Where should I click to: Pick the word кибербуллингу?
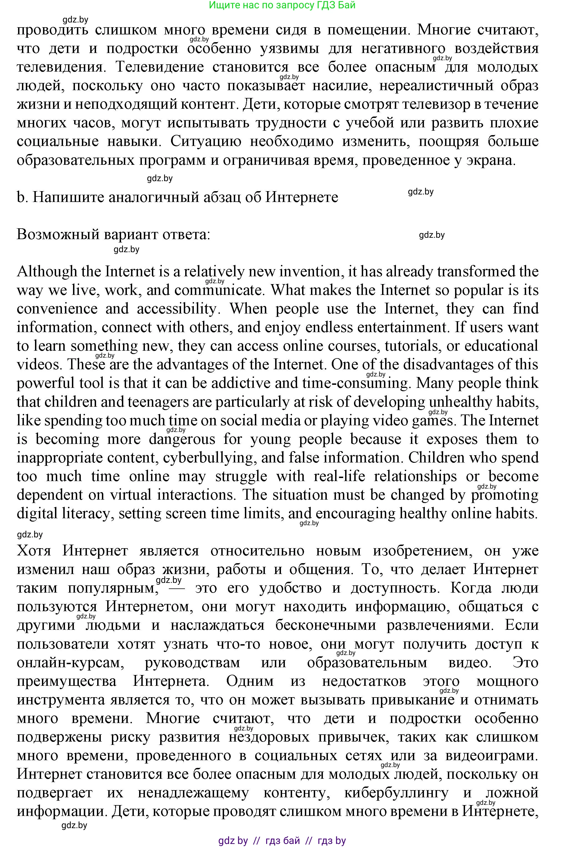pyautogui.click(x=396, y=793)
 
